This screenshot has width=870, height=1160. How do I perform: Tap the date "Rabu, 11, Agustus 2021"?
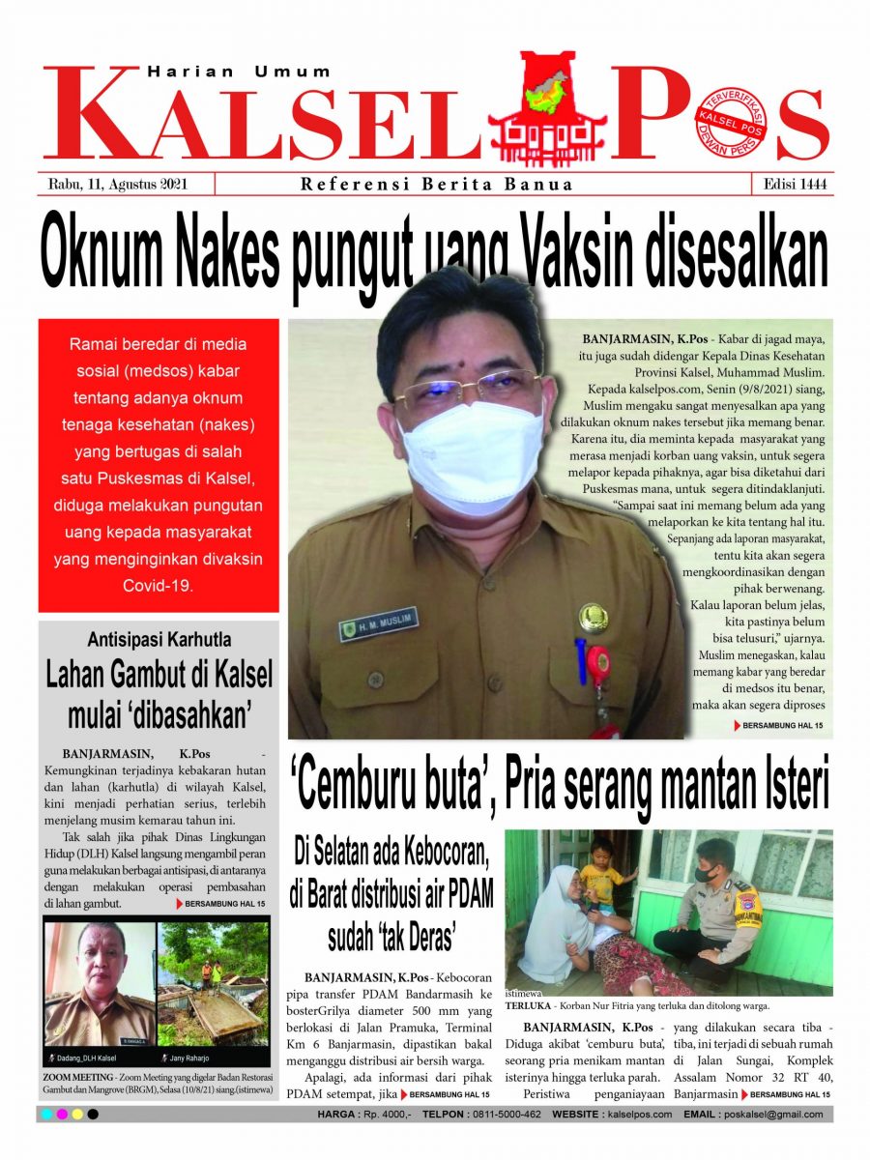coord(117,184)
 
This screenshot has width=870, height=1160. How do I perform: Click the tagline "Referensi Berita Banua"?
coord(437,184)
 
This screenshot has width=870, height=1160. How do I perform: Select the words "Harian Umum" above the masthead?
coord(239,72)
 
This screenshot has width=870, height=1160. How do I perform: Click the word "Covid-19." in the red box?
coord(159,586)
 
